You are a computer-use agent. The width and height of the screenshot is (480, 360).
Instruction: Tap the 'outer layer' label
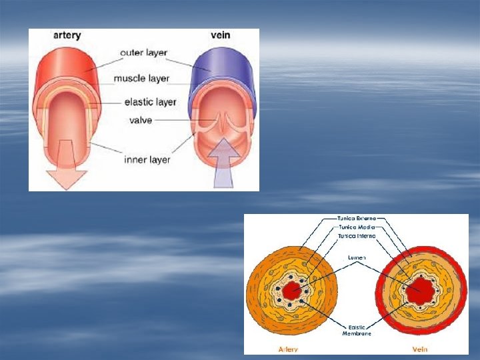pos(143,53)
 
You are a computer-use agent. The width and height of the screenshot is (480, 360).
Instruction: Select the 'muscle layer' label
pos(141,79)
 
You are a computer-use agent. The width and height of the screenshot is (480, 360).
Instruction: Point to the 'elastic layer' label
pos(150,102)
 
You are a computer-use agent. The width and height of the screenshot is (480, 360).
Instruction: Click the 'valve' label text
pos(141,120)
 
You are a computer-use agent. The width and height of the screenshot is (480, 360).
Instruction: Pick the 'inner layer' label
pos(147,159)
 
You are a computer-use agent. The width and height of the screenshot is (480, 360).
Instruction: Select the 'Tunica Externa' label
pos(357,218)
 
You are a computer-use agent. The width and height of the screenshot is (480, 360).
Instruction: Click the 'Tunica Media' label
pos(355,227)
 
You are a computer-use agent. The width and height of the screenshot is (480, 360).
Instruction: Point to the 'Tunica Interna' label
pos(357,236)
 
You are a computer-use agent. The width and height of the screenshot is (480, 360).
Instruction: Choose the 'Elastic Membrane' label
pos(356,329)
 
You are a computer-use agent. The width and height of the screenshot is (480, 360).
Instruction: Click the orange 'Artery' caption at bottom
pos(288,349)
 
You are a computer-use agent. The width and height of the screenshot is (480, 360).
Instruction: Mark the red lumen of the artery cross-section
pos(291,291)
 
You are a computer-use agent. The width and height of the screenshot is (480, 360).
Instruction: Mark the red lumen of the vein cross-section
pos(420,290)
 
